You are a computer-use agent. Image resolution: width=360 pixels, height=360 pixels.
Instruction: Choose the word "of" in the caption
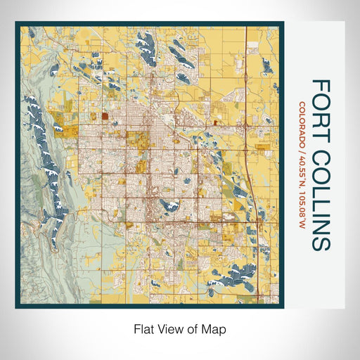pos(194,328)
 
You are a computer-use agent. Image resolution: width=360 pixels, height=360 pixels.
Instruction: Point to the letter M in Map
pos(209,328)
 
